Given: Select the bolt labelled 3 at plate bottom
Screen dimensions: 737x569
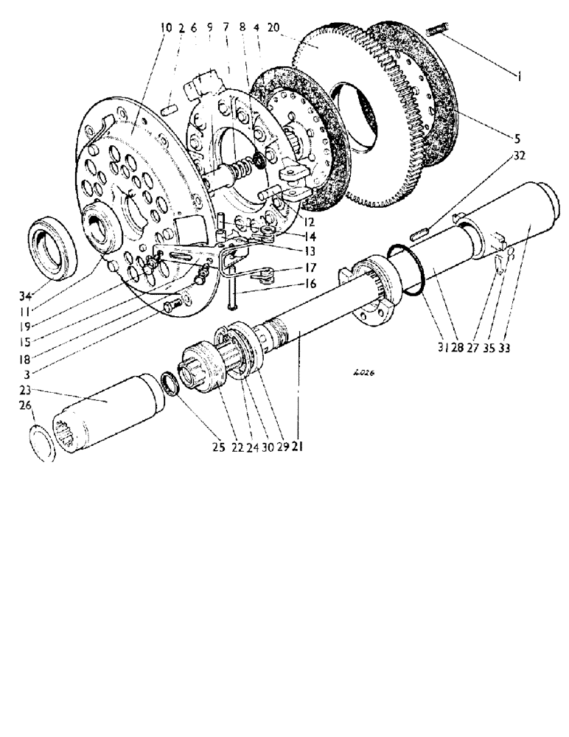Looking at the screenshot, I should (x=175, y=302).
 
